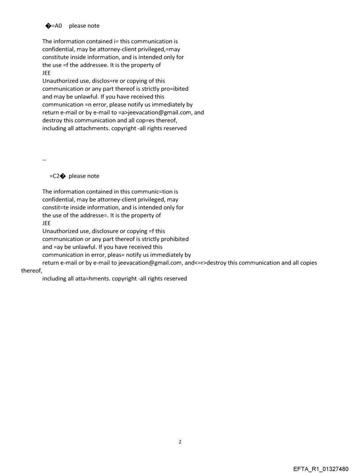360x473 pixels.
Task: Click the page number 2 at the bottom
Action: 180,442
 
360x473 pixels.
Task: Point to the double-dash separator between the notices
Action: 45,160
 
